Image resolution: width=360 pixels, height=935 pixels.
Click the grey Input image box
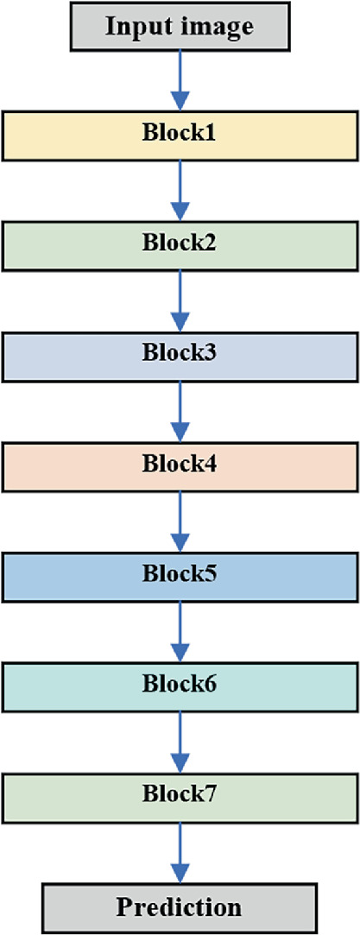click(180, 25)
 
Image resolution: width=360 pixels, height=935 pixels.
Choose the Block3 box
click(180, 355)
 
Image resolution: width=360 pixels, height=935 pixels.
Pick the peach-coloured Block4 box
click(180, 465)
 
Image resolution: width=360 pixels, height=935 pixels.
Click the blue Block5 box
click(180, 576)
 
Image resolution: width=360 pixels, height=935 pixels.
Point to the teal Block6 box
click(180, 686)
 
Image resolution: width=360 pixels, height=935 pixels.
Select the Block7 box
click(180, 797)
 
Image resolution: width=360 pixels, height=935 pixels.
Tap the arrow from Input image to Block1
click(180, 79)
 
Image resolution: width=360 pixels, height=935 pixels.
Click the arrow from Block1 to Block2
click(180, 189)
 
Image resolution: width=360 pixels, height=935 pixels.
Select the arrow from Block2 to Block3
click(180, 300)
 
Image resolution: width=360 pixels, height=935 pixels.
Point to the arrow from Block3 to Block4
click(180, 410)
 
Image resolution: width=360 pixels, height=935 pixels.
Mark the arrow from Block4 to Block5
click(180, 521)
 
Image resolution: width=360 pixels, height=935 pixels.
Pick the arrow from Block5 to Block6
click(180, 631)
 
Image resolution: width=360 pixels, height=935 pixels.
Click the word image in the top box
click(215, 26)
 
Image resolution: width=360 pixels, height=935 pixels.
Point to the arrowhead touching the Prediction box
click(180, 874)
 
